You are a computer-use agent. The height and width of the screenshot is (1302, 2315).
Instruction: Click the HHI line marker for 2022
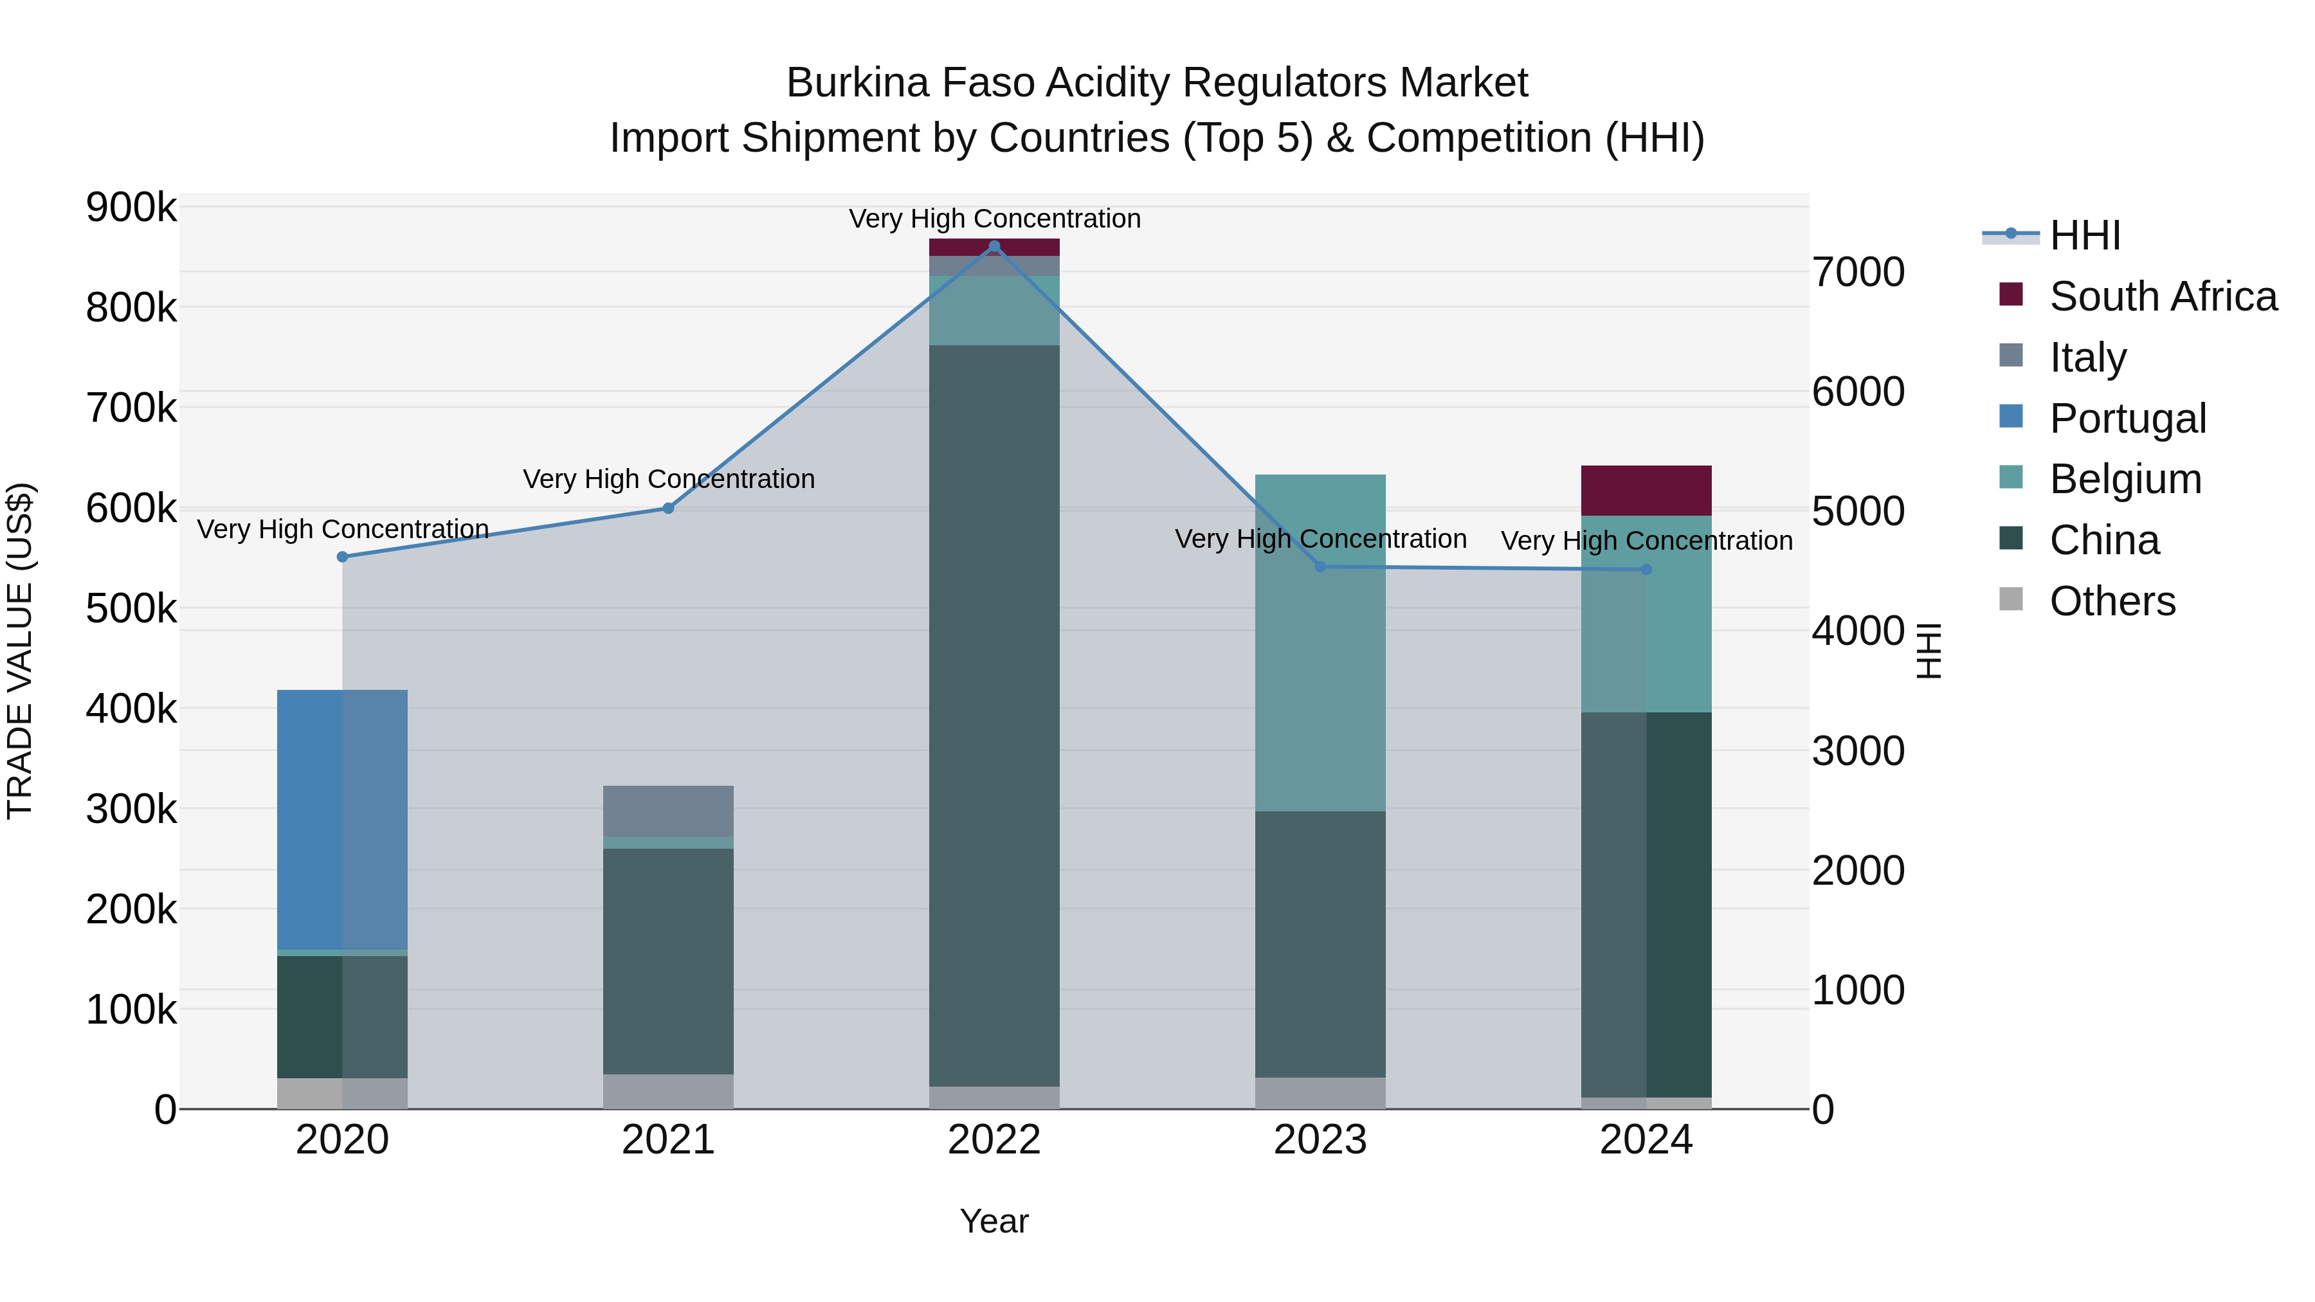point(994,246)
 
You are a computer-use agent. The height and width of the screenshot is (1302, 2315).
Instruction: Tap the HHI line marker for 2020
point(342,557)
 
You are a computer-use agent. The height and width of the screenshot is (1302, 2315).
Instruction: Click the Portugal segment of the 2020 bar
point(342,820)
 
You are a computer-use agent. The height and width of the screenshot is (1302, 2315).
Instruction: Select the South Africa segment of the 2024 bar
point(1646,491)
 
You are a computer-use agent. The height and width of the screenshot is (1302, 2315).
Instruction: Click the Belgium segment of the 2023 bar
point(1320,642)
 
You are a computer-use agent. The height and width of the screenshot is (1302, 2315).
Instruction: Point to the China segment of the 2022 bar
point(994,715)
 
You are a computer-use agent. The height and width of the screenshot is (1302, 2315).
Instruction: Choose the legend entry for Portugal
point(2127,419)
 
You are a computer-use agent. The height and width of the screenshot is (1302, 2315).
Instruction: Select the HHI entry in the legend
point(2085,235)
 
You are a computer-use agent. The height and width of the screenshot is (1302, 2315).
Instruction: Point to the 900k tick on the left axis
point(131,208)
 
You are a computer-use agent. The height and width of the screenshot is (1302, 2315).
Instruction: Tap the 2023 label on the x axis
point(1320,1140)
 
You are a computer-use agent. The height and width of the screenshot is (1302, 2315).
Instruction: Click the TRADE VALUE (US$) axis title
point(21,651)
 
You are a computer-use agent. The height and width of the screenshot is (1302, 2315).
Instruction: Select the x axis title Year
point(994,1221)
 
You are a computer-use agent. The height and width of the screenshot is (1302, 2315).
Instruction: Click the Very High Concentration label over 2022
point(994,219)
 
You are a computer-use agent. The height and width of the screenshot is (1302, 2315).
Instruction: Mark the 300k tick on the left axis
point(131,809)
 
